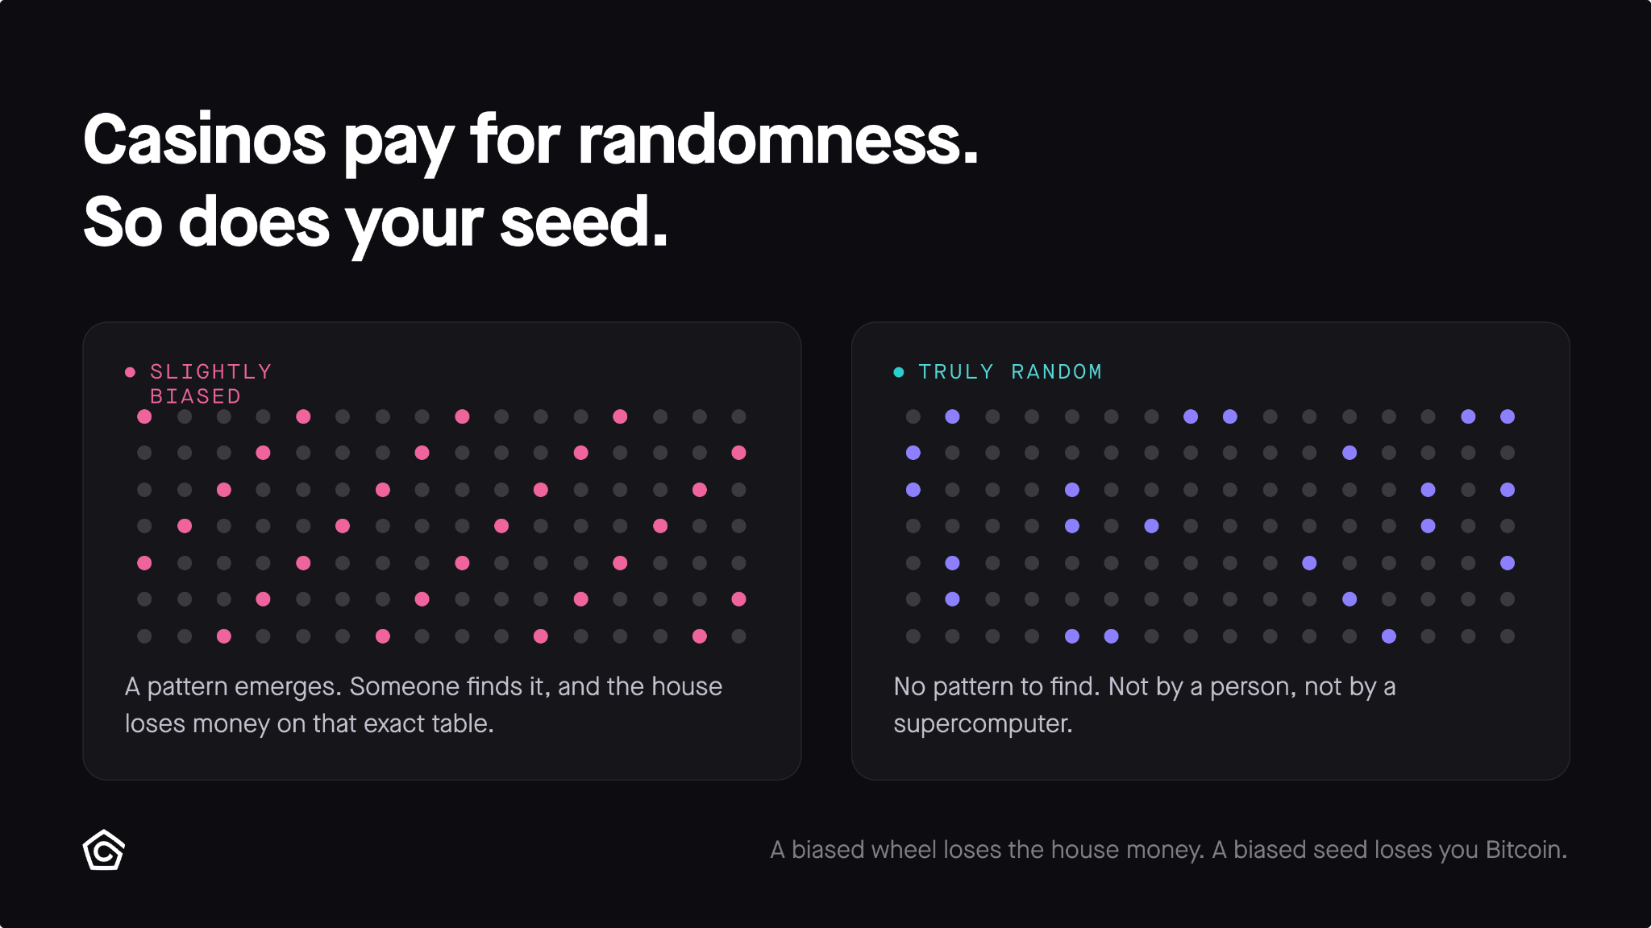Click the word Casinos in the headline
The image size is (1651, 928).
205,140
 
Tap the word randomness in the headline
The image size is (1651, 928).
778,140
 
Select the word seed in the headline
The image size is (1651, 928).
584,222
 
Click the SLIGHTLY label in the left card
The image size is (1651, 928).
211,371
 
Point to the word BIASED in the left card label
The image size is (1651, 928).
196,396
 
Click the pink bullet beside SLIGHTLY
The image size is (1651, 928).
130,372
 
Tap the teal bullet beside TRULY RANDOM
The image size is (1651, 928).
899,372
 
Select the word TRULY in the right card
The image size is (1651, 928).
956,371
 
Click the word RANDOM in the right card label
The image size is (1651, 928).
1057,371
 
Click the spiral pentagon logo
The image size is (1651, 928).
104,850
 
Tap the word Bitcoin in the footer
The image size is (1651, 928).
1526,850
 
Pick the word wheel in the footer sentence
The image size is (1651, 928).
900,850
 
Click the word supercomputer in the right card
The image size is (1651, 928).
983,724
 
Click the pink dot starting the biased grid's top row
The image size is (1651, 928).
144,416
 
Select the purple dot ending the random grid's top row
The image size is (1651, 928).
1508,416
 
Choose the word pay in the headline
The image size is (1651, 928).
398,145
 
